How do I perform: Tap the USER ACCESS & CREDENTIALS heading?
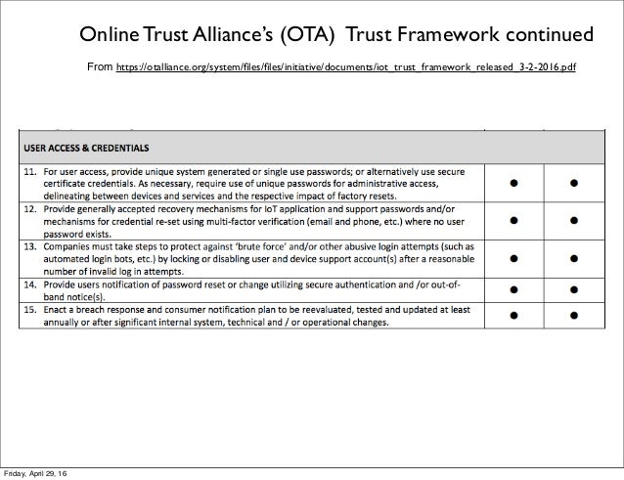pyautogui.click(x=87, y=149)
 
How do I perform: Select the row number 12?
pyautogui.click(x=30, y=209)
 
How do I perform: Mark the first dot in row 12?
pyautogui.click(x=513, y=224)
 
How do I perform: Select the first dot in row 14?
pyautogui.click(x=513, y=288)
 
